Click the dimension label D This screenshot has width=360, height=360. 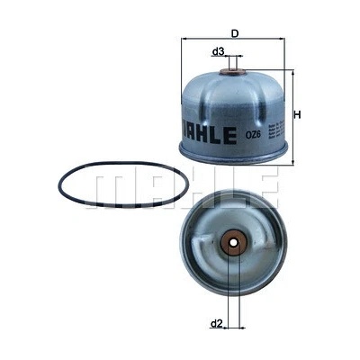[x=235, y=33]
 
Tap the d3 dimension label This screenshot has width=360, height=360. [x=218, y=51]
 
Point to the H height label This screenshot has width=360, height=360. [x=298, y=114]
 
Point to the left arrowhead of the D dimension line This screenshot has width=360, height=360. [x=185, y=40]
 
